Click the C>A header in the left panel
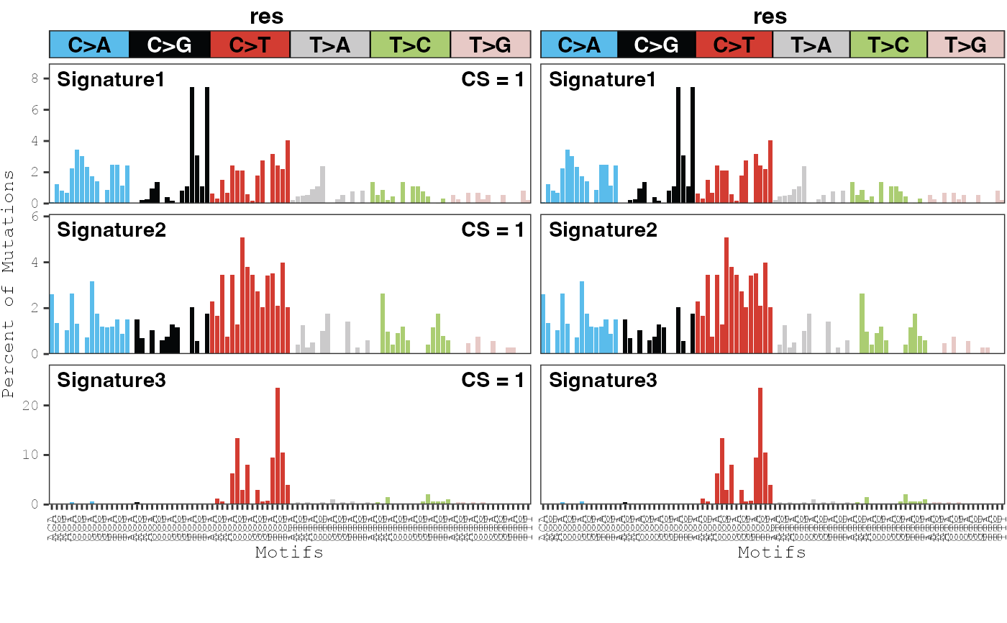coord(89,45)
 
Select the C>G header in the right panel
coord(657,45)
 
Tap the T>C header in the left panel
coord(410,45)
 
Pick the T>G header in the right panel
coord(965,45)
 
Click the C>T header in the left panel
coord(250,45)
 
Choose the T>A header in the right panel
coord(811,45)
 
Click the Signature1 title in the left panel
coord(111,79)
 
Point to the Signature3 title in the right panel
coord(603,380)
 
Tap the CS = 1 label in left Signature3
coord(493,380)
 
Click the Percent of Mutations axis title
coord(9,283)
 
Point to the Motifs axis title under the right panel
coord(772,552)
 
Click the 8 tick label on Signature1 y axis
coord(35,78)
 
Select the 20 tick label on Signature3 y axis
coord(32,405)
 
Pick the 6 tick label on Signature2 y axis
coord(35,217)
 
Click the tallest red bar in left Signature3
coord(278,446)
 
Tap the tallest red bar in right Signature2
coord(726,295)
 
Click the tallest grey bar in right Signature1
coord(803,185)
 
